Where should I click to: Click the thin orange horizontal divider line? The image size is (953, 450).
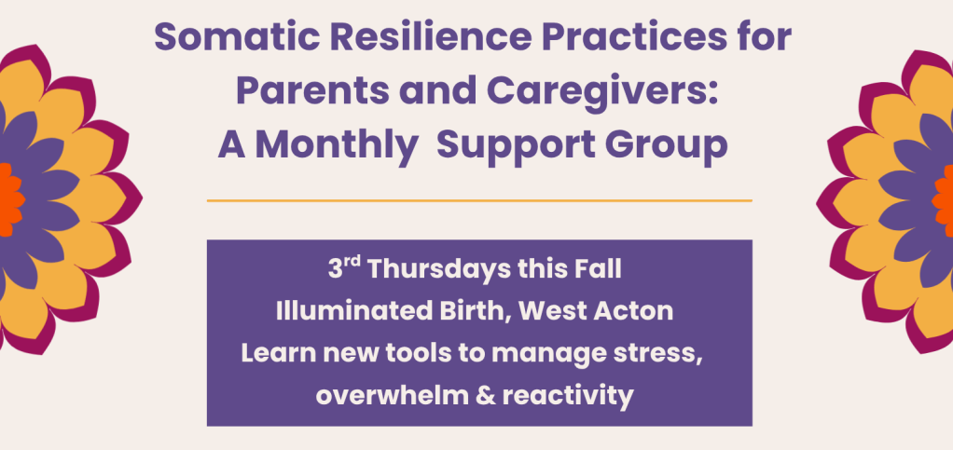click(x=479, y=200)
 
